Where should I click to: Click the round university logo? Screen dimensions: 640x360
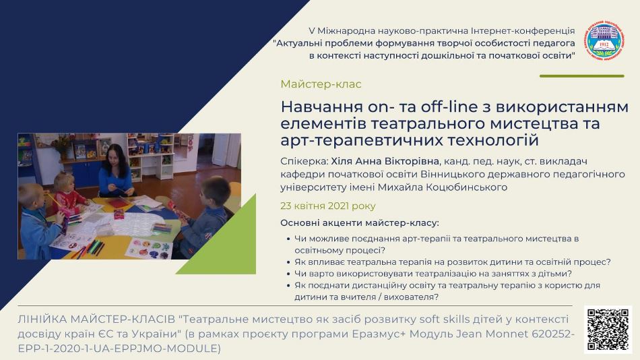pyautogui.click(x=606, y=42)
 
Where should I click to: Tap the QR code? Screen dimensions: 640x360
pyautogui.click(x=608, y=330)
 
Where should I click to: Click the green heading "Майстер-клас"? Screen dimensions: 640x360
pyautogui.click(x=321, y=84)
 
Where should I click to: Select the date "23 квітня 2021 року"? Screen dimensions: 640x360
pyautogui.click(x=328, y=206)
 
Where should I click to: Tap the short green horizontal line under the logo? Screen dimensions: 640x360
pyautogui.click(x=581, y=76)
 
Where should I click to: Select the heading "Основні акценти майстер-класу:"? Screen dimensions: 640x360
pyautogui.click(x=360, y=223)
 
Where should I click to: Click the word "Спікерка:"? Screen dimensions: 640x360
pyautogui.click(x=305, y=162)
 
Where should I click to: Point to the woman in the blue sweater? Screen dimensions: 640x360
pyautogui.click(x=115, y=171)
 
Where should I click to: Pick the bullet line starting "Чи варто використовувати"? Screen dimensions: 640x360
pyautogui.click(x=433, y=274)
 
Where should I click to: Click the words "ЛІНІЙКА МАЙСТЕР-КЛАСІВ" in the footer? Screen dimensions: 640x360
pyautogui.click(x=96, y=319)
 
